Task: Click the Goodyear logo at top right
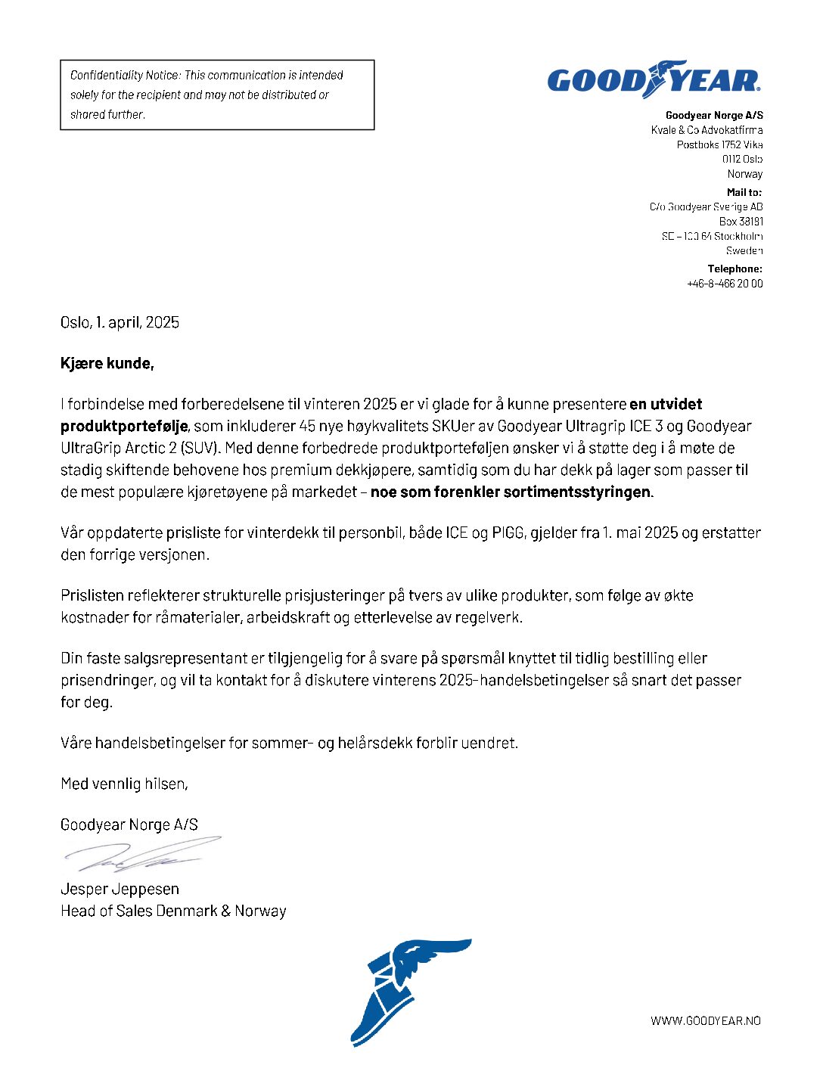[654, 79]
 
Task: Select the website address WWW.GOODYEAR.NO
[705, 1021]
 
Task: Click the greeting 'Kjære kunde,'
[107, 364]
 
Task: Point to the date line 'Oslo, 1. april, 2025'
[120, 323]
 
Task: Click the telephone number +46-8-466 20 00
[725, 284]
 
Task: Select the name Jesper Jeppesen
[120, 889]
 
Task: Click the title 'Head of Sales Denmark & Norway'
[173, 911]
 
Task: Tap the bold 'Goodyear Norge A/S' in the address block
[714, 116]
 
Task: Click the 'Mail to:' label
[744, 192]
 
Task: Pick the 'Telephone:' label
[734, 269]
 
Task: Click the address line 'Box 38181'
[741, 222]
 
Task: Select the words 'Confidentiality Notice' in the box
[125, 76]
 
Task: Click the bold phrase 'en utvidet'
[666, 405]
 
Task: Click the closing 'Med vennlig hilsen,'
[124, 784]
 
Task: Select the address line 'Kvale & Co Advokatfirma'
[707, 130]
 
